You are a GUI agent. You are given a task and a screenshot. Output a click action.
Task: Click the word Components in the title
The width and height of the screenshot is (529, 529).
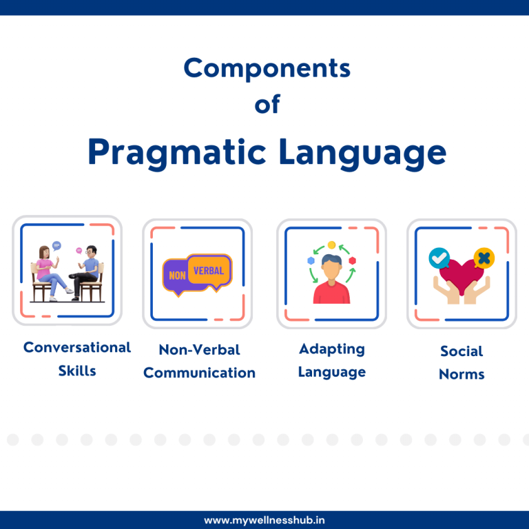click(267, 69)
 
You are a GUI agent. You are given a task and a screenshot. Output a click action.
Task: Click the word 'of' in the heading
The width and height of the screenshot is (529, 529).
click(267, 105)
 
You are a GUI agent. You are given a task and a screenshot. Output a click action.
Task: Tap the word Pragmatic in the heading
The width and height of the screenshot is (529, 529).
click(177, 152)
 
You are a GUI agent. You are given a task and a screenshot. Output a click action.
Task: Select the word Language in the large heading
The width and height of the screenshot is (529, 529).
click(362, 152)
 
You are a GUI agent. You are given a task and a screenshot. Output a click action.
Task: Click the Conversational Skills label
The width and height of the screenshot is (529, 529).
click(76, 359)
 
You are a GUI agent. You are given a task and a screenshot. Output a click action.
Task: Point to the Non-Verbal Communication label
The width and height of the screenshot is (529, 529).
click(199, 361)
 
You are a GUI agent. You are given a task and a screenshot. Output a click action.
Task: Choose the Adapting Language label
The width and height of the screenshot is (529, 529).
click(331, 360)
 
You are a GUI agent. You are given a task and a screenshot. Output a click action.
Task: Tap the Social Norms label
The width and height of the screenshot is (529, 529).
click(461, 362)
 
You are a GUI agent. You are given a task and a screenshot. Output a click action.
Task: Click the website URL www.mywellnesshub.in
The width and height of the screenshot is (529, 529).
click(264, 520)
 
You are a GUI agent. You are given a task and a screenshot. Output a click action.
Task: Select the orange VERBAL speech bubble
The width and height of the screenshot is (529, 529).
click(209, 270)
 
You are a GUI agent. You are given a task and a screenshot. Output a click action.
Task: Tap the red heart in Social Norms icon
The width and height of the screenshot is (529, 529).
click(461, 274)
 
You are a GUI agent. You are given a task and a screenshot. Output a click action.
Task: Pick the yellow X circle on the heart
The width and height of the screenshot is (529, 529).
click(485, 258)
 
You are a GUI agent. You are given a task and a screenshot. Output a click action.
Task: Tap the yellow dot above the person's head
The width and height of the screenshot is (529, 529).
click(331, 245)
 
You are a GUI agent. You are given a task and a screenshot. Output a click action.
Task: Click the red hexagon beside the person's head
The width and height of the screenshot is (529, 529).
click(353, 260)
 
